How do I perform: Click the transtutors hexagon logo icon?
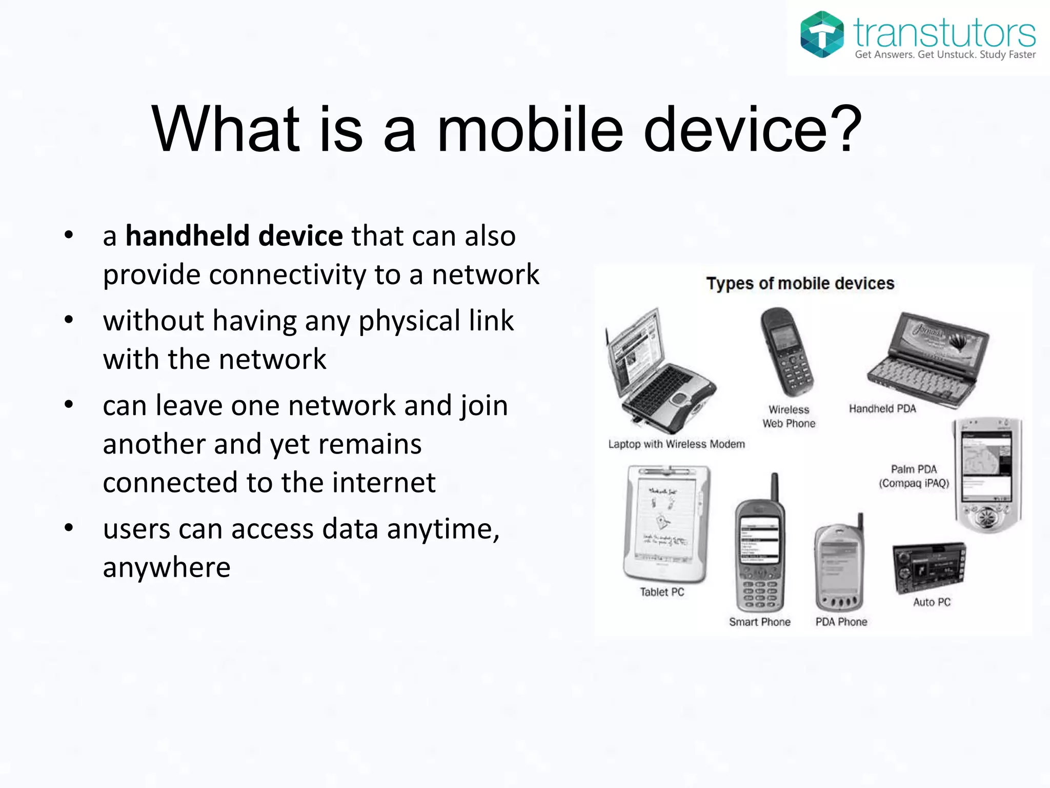pos(822,34)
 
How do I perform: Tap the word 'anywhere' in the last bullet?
pos(167,567)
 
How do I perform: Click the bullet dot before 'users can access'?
pos(69,527)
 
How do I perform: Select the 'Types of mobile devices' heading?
pos(800,284)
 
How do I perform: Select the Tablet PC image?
pos(666,523)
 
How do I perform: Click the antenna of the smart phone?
pos(775,486)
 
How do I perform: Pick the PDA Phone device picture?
pos(839,565)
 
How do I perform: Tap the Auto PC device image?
pos(929,567)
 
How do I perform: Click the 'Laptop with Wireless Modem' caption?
pos(676,444)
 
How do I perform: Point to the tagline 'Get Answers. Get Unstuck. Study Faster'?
pos(945,55)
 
